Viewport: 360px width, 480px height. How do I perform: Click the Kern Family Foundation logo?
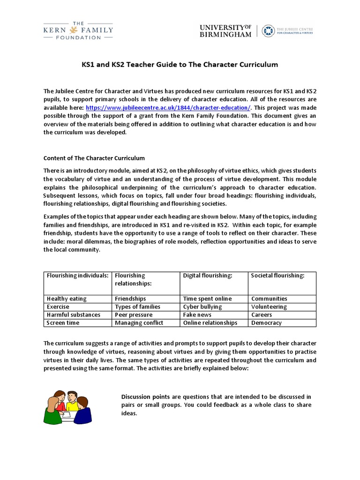coord(78,30)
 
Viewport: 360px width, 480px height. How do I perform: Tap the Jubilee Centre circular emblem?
coord(269,30)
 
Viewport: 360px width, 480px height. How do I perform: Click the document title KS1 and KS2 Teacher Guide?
coord(180,64)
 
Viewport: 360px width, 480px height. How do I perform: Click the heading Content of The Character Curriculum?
coord(94,158)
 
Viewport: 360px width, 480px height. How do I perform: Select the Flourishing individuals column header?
coord(77,276)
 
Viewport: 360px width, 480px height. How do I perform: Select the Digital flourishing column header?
coord(208,276)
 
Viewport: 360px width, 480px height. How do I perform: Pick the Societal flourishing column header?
coord(277,276)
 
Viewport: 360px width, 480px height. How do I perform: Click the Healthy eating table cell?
coord(67,299)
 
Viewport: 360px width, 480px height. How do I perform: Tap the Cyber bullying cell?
coord(202,307)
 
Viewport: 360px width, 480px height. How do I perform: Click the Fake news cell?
coord(197,315)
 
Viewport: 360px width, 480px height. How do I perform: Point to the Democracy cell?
coord(266,322)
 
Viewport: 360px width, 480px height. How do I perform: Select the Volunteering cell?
coord(269,307)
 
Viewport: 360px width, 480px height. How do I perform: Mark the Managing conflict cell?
coord(139,322)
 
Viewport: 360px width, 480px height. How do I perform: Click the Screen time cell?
coord(63,322)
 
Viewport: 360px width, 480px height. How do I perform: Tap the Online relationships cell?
coord(210,322)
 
